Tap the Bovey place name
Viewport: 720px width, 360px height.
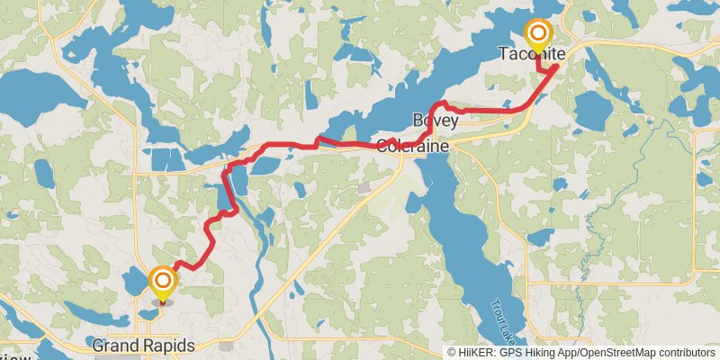[x=430, y=120]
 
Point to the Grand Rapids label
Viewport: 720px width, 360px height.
[x=143, y=346]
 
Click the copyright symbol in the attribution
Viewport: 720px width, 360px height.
[x=452, y=353]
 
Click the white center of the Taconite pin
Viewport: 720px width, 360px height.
[x=538, y=33]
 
